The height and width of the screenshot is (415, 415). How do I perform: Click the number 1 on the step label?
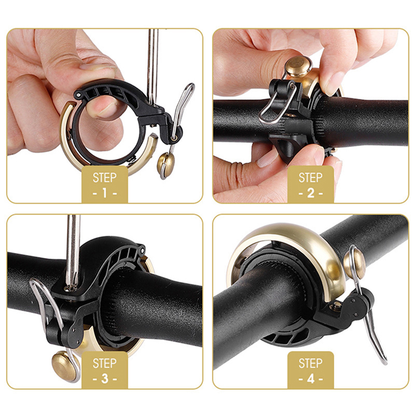(105, 193)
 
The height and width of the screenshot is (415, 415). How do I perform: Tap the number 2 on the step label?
(311, 193)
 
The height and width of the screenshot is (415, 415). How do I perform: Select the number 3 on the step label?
(105, 379)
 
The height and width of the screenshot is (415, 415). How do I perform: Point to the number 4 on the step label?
(311, 379)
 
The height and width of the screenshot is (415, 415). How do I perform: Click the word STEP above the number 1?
(105, 178)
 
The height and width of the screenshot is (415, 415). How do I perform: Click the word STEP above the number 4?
(311, 363)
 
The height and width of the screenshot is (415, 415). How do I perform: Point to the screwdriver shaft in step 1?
(153, 67)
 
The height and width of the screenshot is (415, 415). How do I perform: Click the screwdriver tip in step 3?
(72, 287)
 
